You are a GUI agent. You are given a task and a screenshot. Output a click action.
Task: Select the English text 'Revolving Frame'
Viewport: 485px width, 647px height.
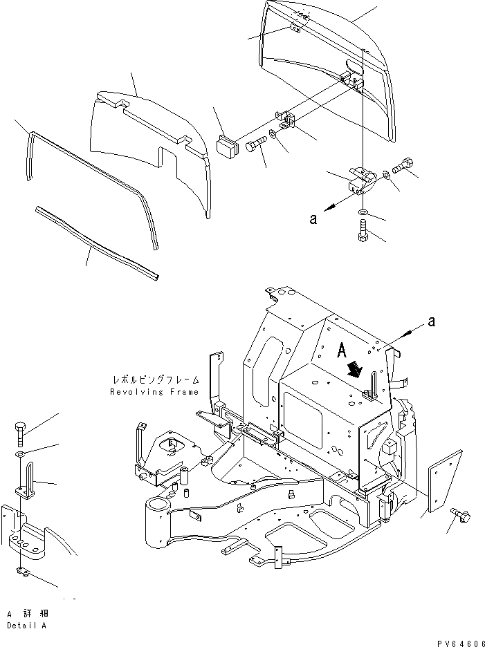point(154,392)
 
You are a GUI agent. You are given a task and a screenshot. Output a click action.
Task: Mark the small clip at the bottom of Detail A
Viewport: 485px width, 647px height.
point(21,571)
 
